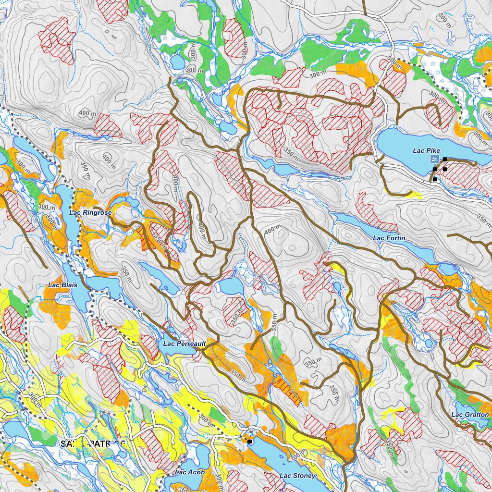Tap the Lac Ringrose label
point(90,212)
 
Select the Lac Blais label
point(60,285)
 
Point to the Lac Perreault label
point(184,344)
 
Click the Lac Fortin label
point(389,238)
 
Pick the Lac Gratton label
point(470,415)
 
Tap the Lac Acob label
point(190,472)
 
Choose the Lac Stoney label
point(297,476)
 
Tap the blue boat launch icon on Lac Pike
point(434,159)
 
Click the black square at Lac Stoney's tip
point(249,441)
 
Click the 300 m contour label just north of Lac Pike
point(394,61)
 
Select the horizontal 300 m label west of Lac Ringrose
point(47,207)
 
